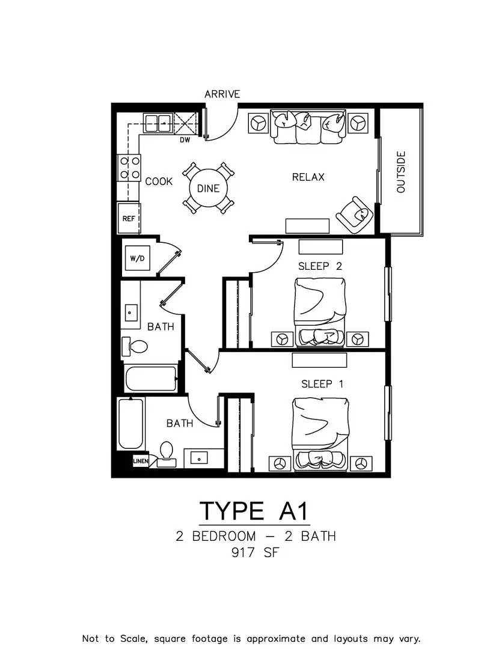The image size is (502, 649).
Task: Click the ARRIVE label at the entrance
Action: click(222, 94)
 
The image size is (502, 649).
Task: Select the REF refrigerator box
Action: click(129, 219)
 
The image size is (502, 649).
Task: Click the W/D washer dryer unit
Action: click(137, 258)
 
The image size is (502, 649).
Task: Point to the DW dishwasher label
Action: click(185, 140)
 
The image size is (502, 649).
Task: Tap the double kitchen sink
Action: click(158, 123)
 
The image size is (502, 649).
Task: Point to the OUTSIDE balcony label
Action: click(401, 172)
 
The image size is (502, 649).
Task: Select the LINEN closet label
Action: click(140, 461)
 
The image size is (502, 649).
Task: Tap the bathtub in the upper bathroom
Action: click(151, 379)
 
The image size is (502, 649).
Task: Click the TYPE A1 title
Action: click(254, 511)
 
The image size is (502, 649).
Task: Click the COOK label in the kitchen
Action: click(159, 181)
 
